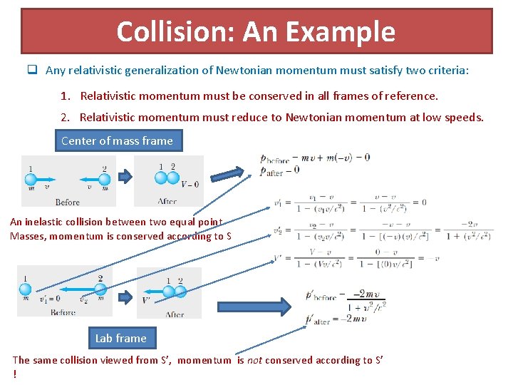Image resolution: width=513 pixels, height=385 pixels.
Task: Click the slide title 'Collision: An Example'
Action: tap(256, 31)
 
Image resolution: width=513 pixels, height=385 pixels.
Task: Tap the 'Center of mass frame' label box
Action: tap(118, 140)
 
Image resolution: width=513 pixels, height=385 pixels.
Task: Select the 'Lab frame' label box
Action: tap(121, 338)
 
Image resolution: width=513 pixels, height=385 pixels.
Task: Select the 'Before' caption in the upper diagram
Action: tap(67, 202)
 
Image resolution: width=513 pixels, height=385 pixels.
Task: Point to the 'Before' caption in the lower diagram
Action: tap(63, 312)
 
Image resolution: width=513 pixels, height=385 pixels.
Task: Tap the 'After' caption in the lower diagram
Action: tap(174, 314)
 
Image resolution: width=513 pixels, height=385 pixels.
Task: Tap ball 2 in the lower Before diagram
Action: tap(100, 289)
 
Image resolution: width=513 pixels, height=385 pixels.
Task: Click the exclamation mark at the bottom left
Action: tap(14, 374)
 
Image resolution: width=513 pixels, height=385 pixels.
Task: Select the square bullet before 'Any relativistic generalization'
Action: tap(32, 70)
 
